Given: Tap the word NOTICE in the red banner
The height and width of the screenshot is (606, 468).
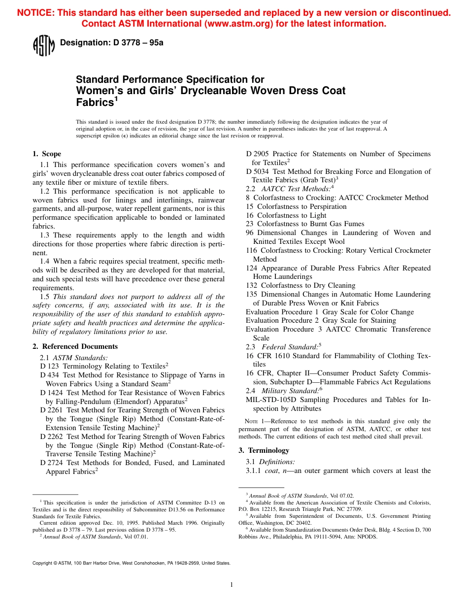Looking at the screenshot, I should (34, 13).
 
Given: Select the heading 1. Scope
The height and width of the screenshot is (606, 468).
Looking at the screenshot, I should (47, 154).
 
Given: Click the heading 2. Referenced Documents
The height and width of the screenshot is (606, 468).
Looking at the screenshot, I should (75, 346).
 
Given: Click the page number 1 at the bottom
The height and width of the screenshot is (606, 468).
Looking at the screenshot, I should (232, 585).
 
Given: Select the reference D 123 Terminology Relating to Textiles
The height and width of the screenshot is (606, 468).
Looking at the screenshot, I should (103, 366).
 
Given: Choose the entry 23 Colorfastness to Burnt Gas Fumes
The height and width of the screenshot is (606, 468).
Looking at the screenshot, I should (305, 224).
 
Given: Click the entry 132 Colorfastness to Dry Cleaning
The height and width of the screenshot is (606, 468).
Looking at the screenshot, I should (301, 285).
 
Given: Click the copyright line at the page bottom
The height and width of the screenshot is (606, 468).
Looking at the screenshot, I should (131, 563).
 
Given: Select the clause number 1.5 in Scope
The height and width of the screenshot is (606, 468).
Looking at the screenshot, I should (45, 297).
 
